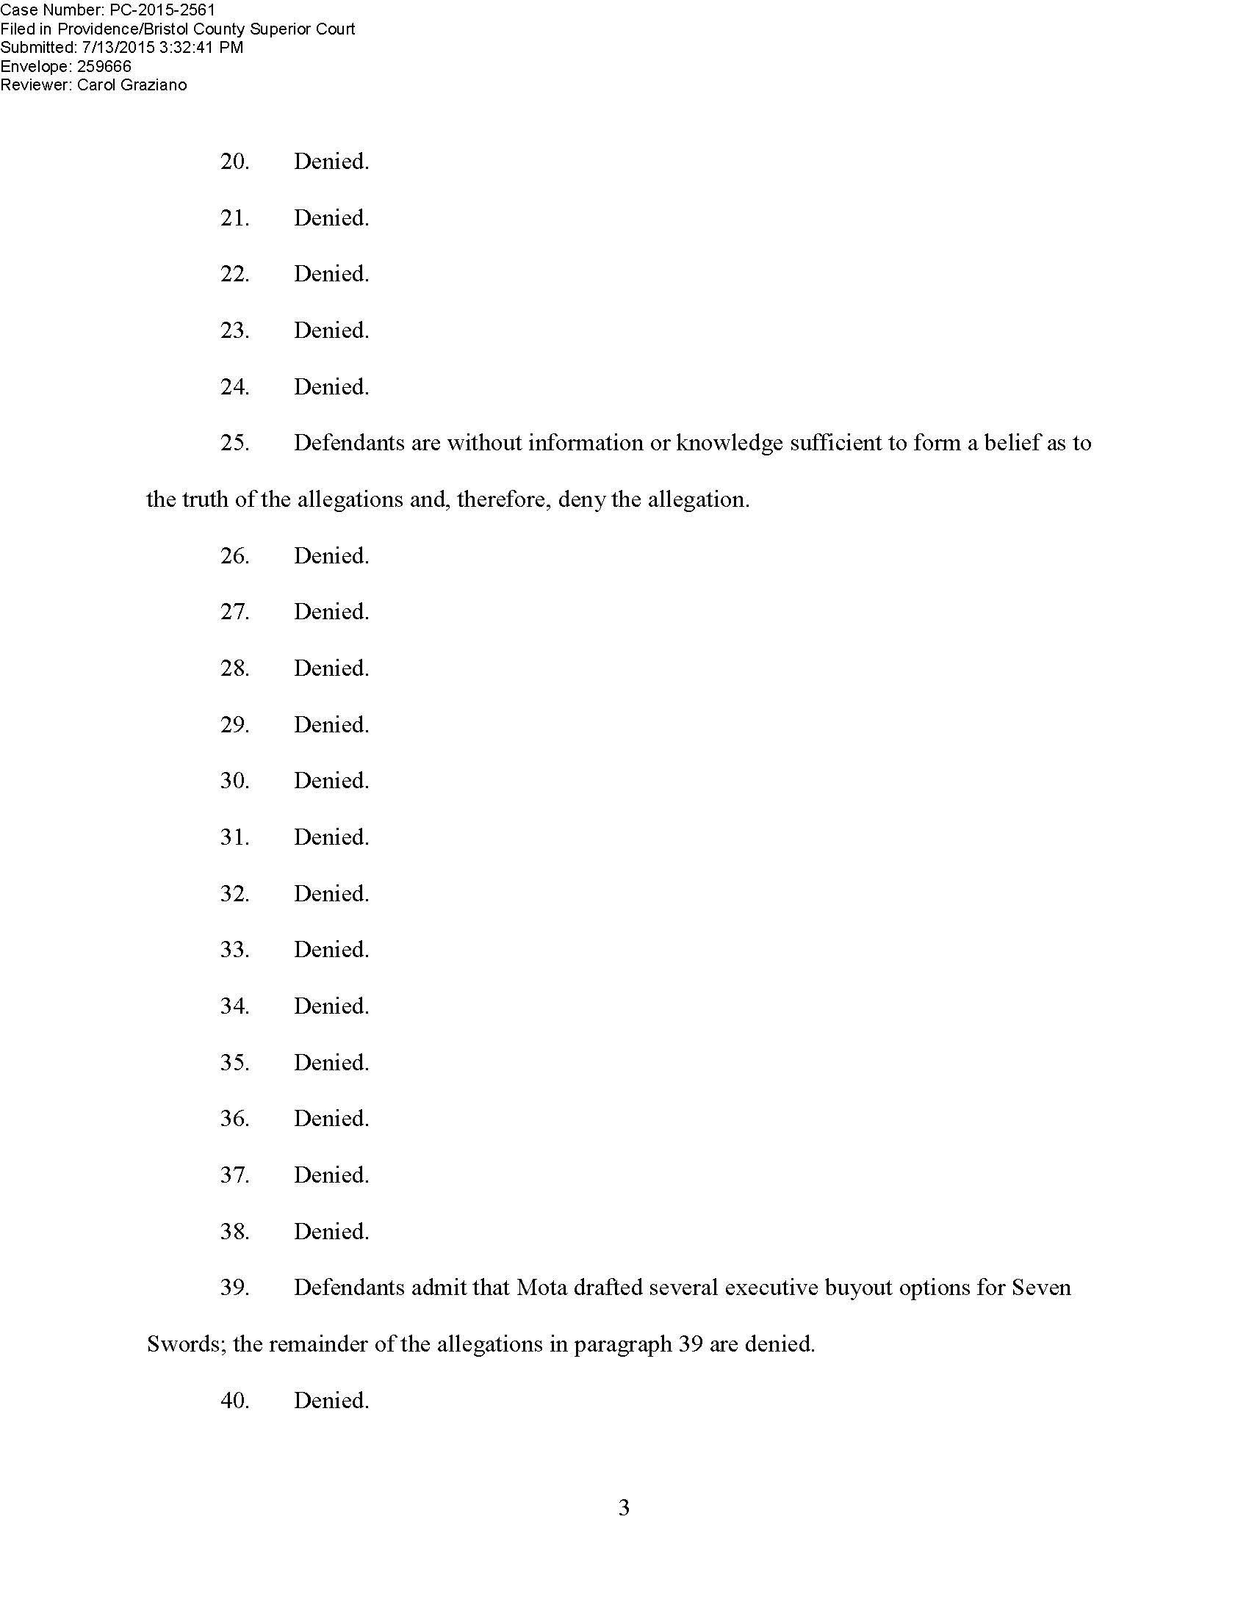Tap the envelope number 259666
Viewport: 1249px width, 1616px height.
[104, 67]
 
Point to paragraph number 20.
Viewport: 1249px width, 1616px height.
[234, 162]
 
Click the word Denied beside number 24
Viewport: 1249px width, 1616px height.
[331, 387]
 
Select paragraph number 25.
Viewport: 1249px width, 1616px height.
[234, 443]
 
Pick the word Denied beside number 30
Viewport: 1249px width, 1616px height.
[331, 781]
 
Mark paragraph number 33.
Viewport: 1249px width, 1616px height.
[234, 949]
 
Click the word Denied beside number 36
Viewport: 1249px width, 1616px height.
[331, 1118]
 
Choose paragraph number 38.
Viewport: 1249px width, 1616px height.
[234, 1231]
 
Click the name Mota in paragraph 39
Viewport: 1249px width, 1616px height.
[541, 1288]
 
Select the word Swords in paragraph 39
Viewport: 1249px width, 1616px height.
[185, 1343]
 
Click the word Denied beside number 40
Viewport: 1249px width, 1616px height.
[331, 1400]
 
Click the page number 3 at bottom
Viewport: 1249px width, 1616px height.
[624, 1507]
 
